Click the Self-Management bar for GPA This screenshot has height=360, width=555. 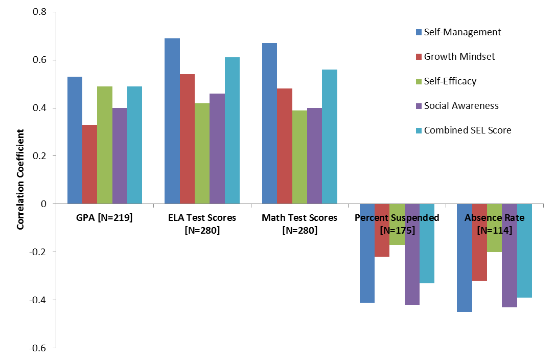click(x=75, y=140)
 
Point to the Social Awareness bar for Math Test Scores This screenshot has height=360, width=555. click(x=314, y=155)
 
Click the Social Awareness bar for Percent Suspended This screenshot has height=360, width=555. click(x=412, y=254)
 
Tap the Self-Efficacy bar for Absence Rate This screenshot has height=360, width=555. click(x=494, y=228)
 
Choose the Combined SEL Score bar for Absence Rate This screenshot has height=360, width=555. click(x=524, y=251)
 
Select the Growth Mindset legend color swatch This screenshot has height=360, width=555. click(x=419, y=57)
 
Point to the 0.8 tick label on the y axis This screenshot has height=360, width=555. click(x=39, y=12)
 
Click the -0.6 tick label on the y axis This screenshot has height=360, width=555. click(x=38, y=348)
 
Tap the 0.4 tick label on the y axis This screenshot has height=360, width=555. click(x=39, y=108)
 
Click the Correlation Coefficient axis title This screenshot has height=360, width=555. click(x=21, y=179)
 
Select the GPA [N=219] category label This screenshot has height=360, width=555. click(x=105, y=218)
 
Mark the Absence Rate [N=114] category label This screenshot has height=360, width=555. click(x=494, y=224)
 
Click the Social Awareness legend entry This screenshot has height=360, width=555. click(x=461, y=106)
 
